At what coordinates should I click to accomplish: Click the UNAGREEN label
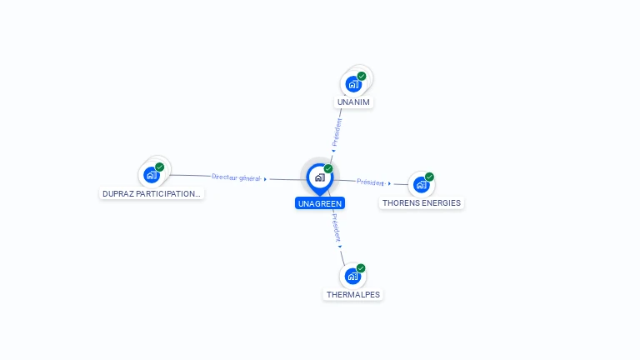click(x=320, y=203)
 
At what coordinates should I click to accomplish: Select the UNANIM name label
click(x=353, y=102)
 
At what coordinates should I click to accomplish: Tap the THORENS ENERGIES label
click(x=421, y=202)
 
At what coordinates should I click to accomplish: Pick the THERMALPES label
click(x=353, y=294)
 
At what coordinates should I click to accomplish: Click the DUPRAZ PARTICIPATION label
click(x=152, y=193)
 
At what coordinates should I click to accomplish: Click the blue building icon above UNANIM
click(x=353, y=84)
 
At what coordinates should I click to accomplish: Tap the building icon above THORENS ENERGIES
click(x=421, y=184)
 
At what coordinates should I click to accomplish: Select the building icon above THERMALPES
click(x=352, y=277)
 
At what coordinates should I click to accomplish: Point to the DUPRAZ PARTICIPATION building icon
click(x=152, y=175)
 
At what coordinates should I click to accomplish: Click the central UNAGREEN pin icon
click(x=320, y=179)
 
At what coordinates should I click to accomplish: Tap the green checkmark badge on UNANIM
click(x=362, y=77)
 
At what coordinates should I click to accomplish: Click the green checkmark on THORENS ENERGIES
click(x=429, y=177)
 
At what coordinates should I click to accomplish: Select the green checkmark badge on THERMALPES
click(x=361, y=268)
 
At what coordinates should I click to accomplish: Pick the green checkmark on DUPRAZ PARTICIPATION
click(x=160, y=167)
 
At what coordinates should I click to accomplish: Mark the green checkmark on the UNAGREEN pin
click(x=328, y=168)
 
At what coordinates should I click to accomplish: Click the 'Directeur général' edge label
click(x=236, y=177)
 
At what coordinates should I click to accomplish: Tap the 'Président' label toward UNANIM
click(x=337, y=132)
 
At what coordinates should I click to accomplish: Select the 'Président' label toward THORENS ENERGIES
click(x=370, y=182)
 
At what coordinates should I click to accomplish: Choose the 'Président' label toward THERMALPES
click(x=336, y=227)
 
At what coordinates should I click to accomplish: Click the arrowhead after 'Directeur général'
click(x=265, y=179)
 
